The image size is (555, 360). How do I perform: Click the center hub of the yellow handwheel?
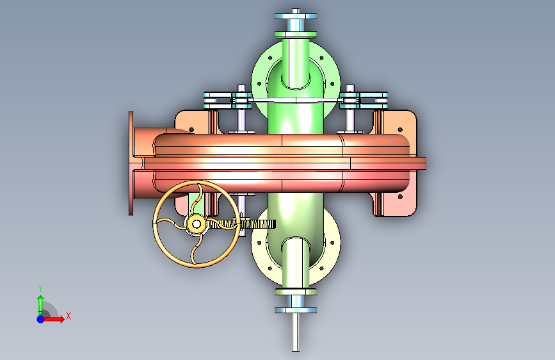(197, 224)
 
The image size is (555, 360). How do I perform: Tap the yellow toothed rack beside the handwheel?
(248, 224)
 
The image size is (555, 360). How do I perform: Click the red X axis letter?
(68, 316)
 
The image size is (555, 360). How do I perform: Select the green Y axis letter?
(40, 288)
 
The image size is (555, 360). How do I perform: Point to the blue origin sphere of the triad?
(41, 319)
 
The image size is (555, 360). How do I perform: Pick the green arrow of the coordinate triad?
(41, 305)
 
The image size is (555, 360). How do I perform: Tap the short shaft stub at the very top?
(296, 11)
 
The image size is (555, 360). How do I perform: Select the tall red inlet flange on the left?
(131, 163)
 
